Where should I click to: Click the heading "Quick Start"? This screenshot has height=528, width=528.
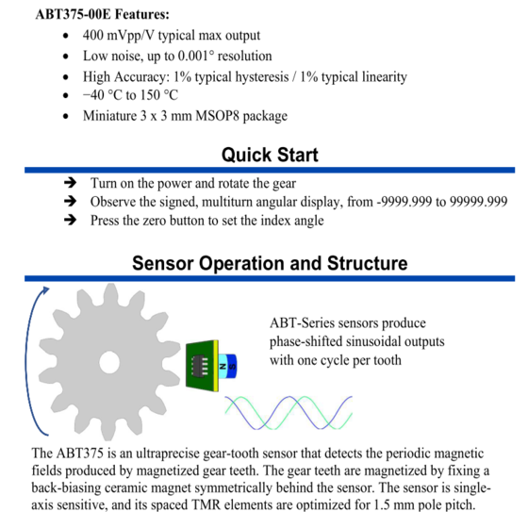[x=270, y=155]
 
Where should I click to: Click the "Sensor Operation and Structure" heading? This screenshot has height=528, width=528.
[x=270, y=263]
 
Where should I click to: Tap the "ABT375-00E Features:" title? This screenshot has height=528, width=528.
[x=103, y=14]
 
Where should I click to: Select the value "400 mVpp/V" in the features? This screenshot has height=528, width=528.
[x=119, y=36]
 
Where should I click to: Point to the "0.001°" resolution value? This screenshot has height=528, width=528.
[x=196, y=56]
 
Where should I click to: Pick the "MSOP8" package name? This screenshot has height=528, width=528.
[x=217, y=116]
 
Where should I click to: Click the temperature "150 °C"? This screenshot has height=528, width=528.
[x=159, y=95]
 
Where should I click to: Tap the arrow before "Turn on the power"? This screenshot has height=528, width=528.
[x=70, y=183]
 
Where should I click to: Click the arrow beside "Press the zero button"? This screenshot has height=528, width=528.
[x=70, y=221]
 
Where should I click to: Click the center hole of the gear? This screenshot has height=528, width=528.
[x=109, y=363]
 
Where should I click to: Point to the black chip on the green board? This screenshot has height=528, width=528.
[x=199, y=366]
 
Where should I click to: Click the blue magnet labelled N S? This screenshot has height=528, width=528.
[x=227, y=367]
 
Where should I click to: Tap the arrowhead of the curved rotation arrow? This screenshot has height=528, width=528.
[x=45, y=290]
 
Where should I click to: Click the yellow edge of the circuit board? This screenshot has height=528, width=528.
[x=216, y=366]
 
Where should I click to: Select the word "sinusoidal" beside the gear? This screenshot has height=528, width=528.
[x=373, y=341]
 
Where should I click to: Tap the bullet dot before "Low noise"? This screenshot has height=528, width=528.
[x=66, y=57]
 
